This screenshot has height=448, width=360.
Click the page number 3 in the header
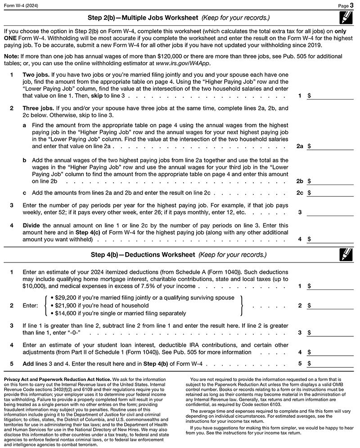[x=353, y=5]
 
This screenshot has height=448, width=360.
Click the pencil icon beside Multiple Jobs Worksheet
[x=346, y=18]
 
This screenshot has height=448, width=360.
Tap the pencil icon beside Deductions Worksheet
[x=346, y=255]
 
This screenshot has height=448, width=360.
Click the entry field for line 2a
[x=333, y=146]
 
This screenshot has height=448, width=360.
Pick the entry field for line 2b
[x=333, y=181]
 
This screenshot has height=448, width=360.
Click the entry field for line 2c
[x=333, y=193]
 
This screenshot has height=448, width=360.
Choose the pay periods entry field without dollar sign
[x=333, y=212]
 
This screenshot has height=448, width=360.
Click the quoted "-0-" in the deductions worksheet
[x=81, y=333]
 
